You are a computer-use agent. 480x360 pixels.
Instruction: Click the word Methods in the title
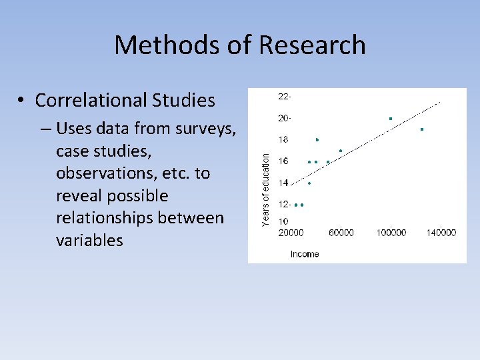tap(157, 45)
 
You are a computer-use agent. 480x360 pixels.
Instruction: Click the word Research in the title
tap(312, 45)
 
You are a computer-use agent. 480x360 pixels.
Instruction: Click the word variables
tap(90, 241)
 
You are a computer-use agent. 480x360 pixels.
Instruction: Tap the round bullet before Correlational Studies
tap(22, 101)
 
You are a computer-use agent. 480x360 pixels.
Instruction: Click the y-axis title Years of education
tap(266, 189)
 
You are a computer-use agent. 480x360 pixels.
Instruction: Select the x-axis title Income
tap(305, 254)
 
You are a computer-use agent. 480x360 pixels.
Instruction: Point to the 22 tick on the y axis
tap(284, 97)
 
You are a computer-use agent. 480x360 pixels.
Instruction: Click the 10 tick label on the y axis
tap(283, 221)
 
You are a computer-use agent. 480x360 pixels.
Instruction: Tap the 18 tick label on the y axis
tap(283, 140)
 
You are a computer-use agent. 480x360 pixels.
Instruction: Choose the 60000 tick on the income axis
tap(341, 233)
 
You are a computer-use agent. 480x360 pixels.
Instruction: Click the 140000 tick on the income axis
tap(441, 233)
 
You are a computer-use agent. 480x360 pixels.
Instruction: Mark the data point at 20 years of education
tap(391, 119)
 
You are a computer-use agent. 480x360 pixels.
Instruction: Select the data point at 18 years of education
tap(317, 140)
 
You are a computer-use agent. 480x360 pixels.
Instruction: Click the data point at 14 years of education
tap(309, 183)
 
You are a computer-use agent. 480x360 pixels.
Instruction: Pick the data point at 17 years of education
tap(341, 151)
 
